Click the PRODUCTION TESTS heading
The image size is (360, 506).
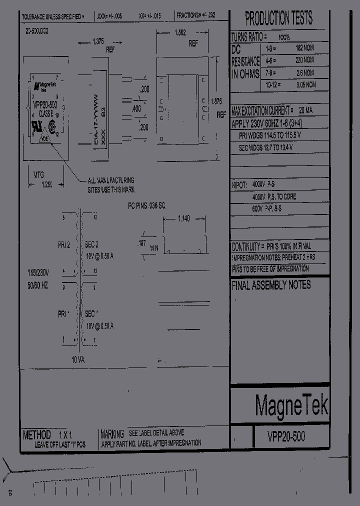click(279, 18)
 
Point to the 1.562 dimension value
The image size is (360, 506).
click(180, 33)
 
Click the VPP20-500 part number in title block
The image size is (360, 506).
click(286, 436)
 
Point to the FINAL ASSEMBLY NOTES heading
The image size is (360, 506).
click(271, 285)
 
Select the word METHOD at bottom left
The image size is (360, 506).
click(36, 434)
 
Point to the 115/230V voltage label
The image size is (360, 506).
click(38, 273)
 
